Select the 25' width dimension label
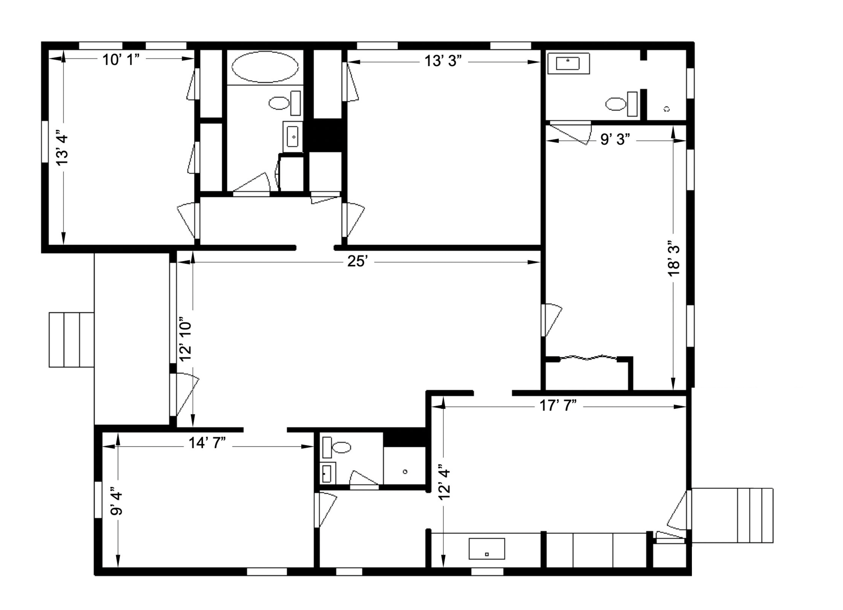(357, 261)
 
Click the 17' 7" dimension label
(558, 406)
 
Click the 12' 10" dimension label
(185, 339)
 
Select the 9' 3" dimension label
(615, 139)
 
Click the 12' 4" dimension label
(445, 482)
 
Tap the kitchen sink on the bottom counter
(487, 549)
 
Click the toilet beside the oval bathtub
(285, 103)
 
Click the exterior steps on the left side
(71, 340)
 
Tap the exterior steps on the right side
(732, 515)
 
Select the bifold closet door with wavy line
(588, 358)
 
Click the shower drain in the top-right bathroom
(666, 109)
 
